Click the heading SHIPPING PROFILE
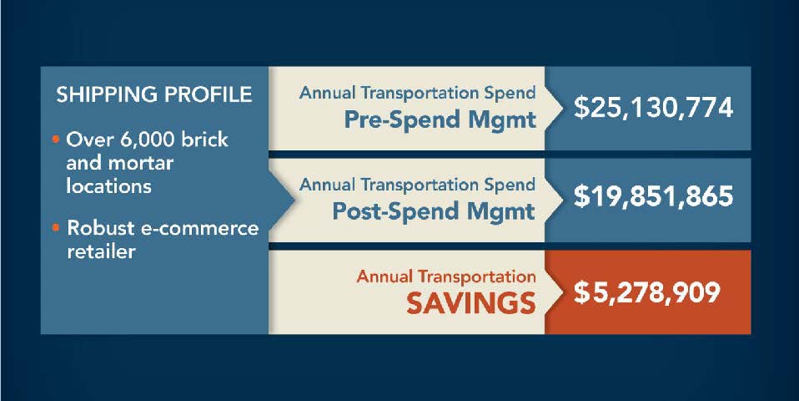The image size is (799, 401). pos(154,95)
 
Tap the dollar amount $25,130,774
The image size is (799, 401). pos(653,108)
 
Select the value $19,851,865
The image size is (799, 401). pos(653,196)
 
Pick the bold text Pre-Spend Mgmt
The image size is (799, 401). pos(440,120)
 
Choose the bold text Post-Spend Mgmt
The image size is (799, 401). pos(434,211)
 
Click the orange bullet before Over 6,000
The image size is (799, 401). pos(56,140)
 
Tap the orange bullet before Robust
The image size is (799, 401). pos(56,227)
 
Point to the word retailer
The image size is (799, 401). pos(101,251)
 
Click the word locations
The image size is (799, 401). pos(109,185)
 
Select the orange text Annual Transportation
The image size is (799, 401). pos(446,277)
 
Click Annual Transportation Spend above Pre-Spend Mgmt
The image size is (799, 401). pos(417,93)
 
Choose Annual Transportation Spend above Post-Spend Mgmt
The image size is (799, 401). pos(417,184)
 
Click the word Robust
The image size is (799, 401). pos(102,229)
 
